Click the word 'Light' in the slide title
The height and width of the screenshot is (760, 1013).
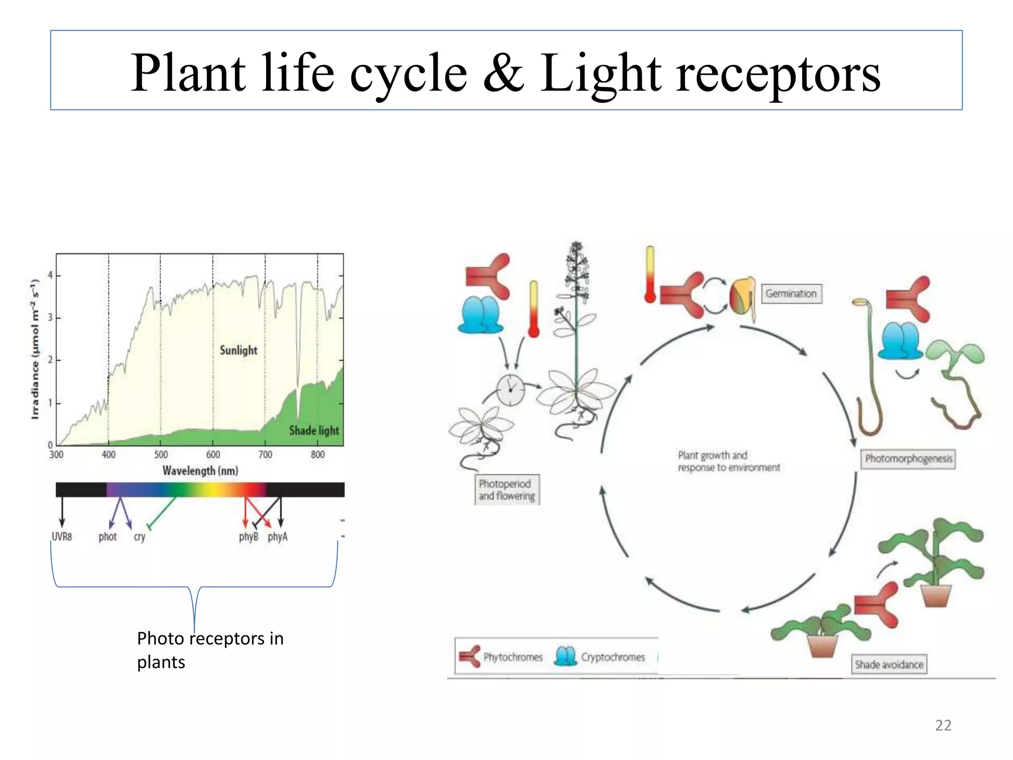pyautogui.click(x=600, y=74)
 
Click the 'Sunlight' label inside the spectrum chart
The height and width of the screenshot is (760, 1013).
pyautogui.click(x=238, y=350)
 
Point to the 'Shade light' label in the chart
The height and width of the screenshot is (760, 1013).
pyautogui.click(x=314, y=430)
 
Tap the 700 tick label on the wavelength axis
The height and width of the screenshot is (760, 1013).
pyautogui.click(x=265, y=455)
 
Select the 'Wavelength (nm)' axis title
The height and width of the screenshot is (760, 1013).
pyautogui.click(x=200, y=471)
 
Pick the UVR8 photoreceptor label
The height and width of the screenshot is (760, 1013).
pyautogui.click(x=62, y=537)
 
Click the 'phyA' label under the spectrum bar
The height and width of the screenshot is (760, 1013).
pyautogui.click(x=277, y=537)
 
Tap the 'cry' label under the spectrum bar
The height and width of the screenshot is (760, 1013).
pyautogui.click(x=139, y=537)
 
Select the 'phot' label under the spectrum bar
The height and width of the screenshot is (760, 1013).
pyautogui.click(x=107, y=537)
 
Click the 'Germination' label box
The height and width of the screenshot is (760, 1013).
pyautogui.click(x=791, y=293)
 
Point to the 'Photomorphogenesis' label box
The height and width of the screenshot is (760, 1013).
pyautogui.click(x=908, y=459)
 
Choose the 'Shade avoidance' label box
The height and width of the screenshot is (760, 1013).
pyautogui.click(x=889, y=665)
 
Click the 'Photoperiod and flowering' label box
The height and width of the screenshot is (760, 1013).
pyautogui.click(x=507, y=490)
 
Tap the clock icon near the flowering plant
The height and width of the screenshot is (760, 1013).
pyautogui.click(x=510, y=390)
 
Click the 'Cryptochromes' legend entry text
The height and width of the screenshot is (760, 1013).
pyautogui.click(x=613, y=657)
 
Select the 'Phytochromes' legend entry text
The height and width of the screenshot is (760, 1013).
pyautogui.click(x=513, y=657)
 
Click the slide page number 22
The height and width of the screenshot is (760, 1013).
pyautogui.click(x=943, y=725)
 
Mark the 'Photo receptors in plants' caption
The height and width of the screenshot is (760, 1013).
pyautogui.click(x=210, y=650)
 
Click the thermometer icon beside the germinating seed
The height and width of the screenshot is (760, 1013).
pyautogui.click(x=650, y=275)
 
